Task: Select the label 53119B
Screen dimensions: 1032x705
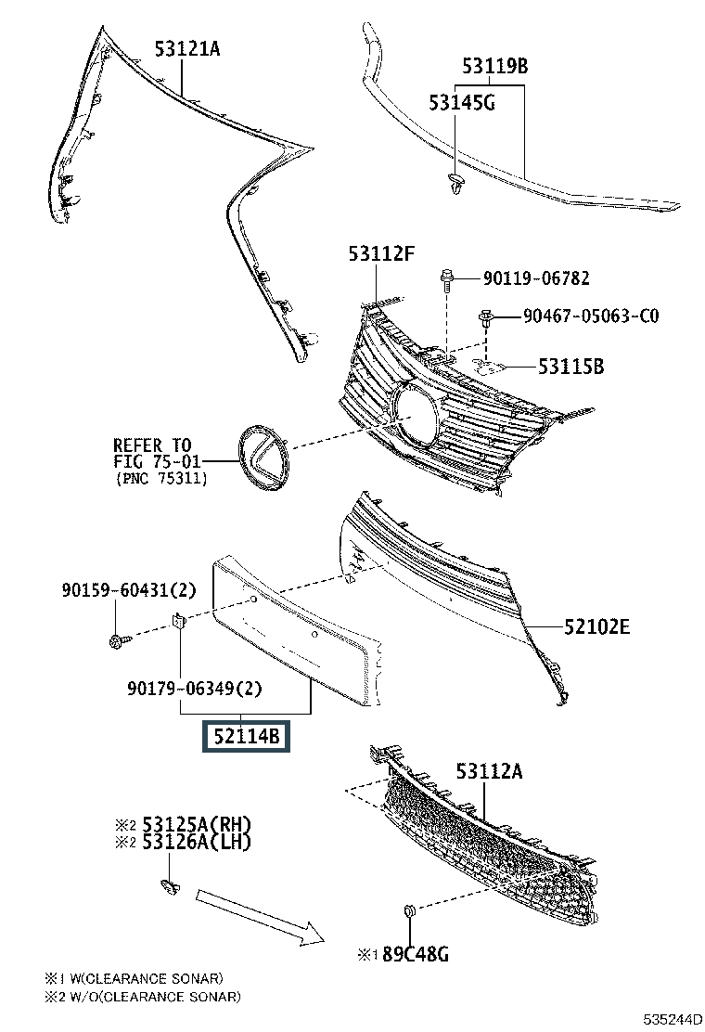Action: [495, 66]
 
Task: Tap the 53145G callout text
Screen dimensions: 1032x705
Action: [461, 102]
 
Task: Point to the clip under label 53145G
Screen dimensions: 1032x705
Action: [455, 183]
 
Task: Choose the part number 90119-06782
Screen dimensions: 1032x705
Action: [535, 277]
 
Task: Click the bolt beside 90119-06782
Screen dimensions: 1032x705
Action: [446, 277]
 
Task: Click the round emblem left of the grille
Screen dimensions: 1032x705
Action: [264, 457]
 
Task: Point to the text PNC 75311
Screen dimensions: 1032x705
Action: [162, 479]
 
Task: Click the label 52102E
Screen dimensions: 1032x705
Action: [596, 627]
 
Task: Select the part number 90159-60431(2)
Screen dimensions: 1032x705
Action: [130, 588]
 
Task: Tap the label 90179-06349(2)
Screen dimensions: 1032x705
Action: [195, 688]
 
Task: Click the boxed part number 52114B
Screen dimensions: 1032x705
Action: [246, 738]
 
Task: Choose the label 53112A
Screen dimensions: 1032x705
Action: [488, 770]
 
